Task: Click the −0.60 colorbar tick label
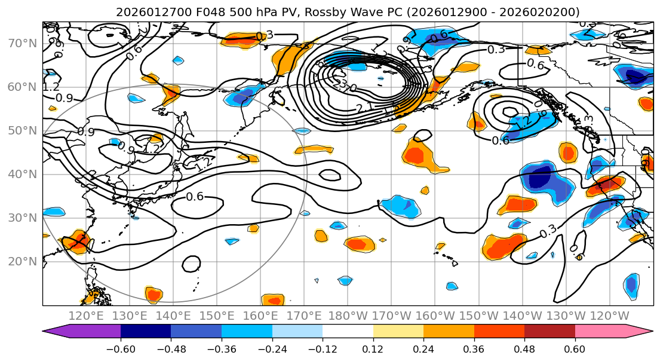(x=121, y=348)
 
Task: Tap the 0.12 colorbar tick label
(x=373, y=348)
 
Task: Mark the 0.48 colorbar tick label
(x=524, y=348)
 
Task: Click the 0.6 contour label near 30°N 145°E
(x=195, y=196)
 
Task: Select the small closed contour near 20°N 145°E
(x=192, y=263)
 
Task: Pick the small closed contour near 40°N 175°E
(x=329, y=175)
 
